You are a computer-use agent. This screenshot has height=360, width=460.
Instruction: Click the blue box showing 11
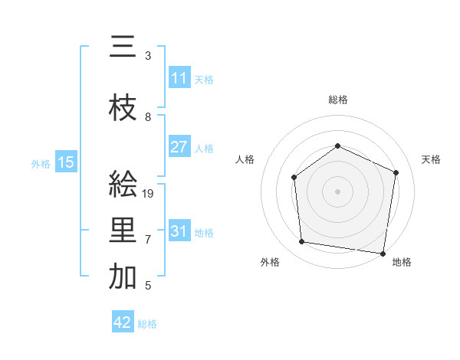179,78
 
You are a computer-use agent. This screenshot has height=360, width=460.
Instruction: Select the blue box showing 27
179,147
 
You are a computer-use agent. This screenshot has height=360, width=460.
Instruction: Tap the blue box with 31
179,231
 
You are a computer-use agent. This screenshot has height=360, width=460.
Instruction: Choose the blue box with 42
123,322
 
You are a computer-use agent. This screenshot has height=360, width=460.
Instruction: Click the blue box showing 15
65,162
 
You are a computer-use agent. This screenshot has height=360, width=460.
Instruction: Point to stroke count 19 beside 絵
149,194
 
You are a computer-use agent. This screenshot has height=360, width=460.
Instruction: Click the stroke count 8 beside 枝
148,117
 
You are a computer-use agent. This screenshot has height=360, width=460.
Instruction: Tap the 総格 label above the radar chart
337,100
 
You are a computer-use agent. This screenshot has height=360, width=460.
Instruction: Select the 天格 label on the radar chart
431,159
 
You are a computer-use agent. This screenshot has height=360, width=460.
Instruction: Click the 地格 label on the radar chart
402,262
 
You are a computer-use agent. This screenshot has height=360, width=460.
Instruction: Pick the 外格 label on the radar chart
270,262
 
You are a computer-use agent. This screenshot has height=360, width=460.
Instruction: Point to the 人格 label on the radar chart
245,159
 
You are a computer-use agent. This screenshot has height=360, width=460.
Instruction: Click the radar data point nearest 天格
396,172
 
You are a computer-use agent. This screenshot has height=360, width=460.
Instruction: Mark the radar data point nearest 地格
383,253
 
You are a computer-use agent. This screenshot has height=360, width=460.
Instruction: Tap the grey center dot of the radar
337,191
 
